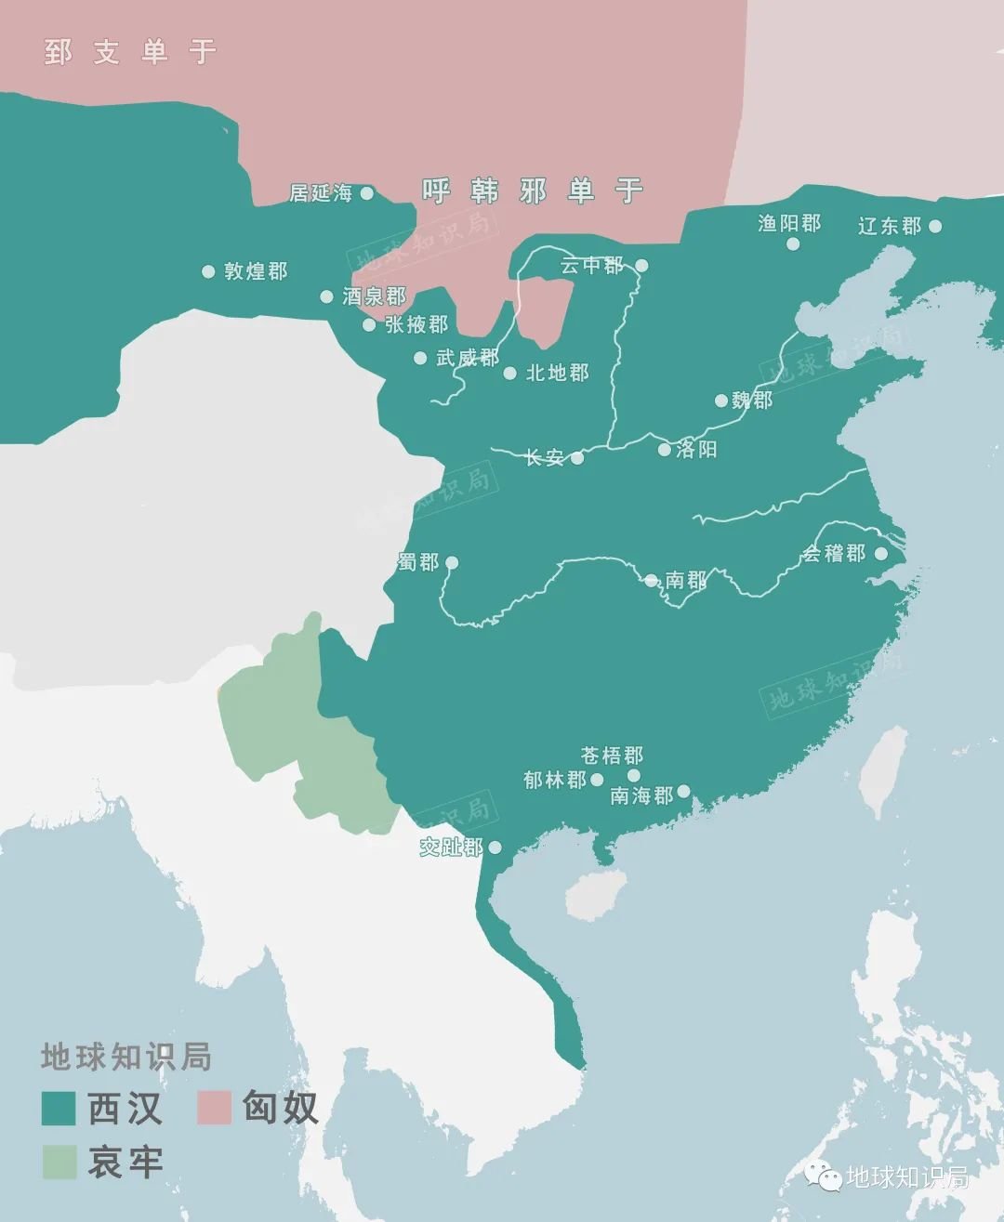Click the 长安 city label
click(545, 457)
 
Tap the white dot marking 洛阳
click(664, 450)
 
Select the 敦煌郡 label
click(256, 271)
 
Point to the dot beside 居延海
click(367, 193)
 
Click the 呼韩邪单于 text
click(533, 191)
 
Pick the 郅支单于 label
click(130, 51)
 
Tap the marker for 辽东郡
click(935, 226)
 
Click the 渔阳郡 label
click(789, 223)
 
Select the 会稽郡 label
click(834, 554)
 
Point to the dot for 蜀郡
click(452, 562)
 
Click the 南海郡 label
click(641, 795)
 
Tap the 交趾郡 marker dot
click(495, 848)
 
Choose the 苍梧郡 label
click(612, 755)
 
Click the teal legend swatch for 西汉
click(59, 1108)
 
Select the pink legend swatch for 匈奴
click(214, 1108)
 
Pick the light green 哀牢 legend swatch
click(59, 1162)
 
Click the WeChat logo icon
click(824, 1176)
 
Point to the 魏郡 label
click(752, 401)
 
